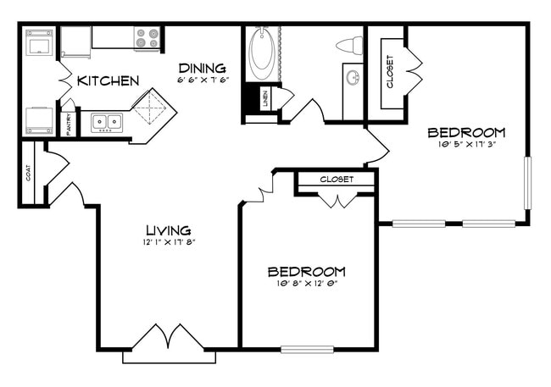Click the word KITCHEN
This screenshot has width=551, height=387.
(x=108, y=81)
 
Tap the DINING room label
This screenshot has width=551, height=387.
(x=202, y=68)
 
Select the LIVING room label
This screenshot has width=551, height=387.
(x=168, y=229)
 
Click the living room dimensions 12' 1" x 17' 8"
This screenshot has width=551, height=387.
(x=168, y=242)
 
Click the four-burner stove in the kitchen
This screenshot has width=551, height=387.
(x=147, y=39)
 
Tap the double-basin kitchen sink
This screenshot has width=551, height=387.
(x=108, y=123)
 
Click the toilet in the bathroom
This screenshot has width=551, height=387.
(x=348, y=45)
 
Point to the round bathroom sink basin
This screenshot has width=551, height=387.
(x=353, y=80)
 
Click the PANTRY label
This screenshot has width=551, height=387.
(x=69, y=123)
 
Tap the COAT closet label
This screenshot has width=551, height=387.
(x=29, y=174)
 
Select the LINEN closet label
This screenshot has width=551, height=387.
(x=265, y=98)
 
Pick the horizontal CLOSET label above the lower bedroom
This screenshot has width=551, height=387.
(x=337, y=180)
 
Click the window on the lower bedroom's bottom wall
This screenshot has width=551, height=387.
(x=307, y=348)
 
